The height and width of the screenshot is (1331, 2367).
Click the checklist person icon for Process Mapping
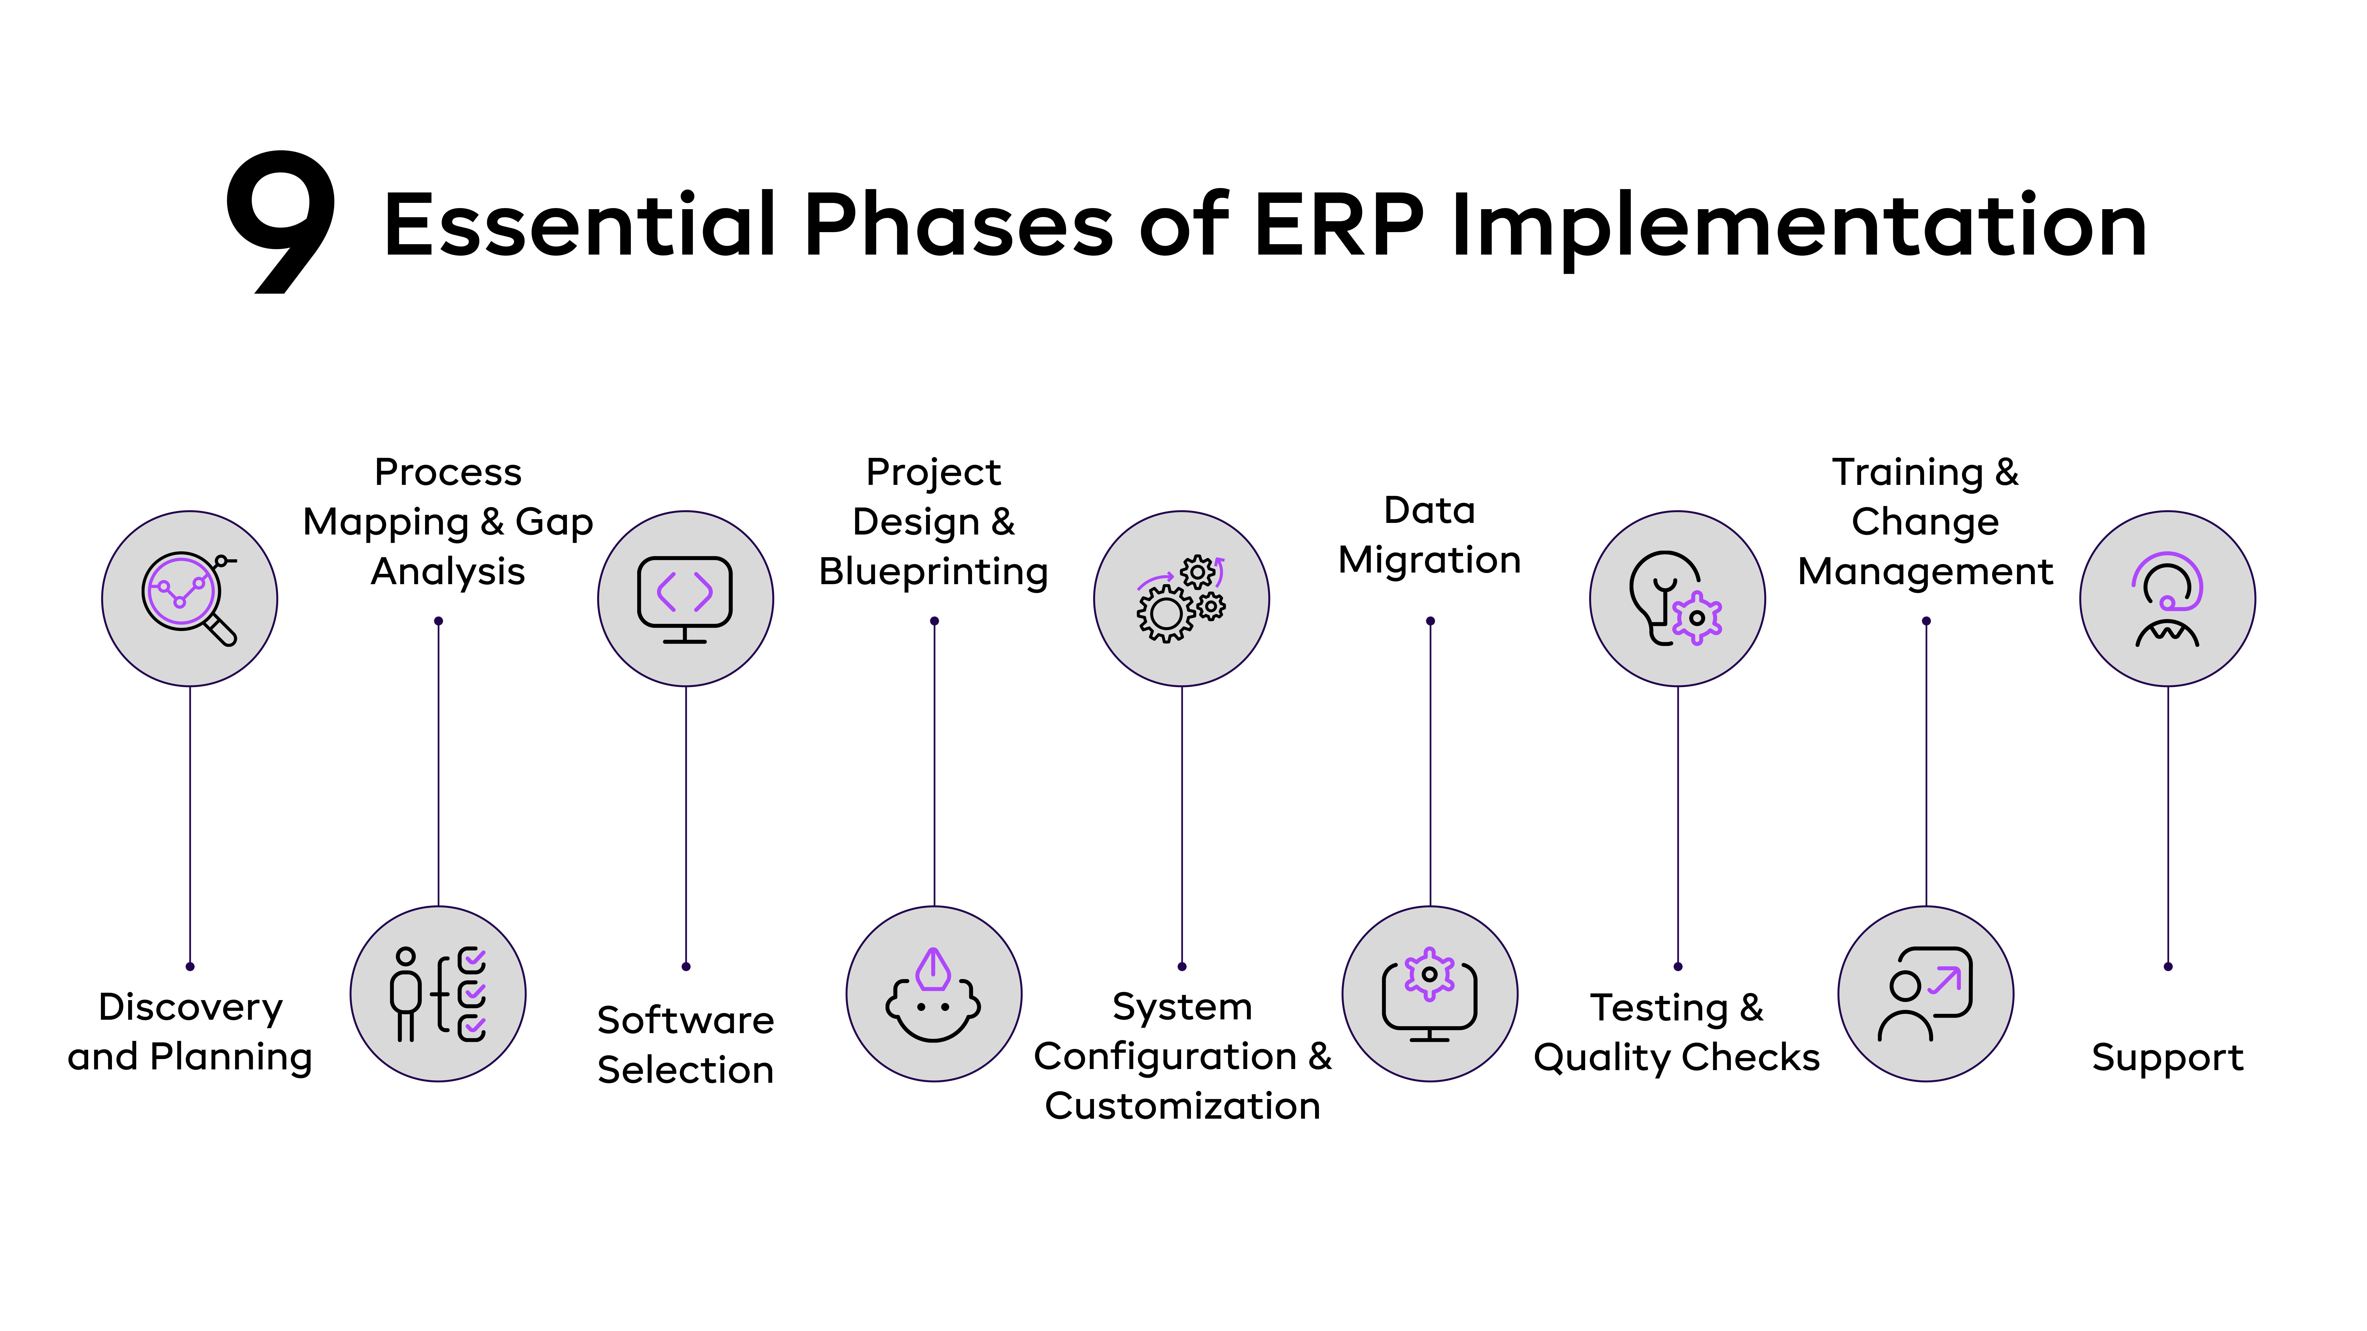[x=438, y=994]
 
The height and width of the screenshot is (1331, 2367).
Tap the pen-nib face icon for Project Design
[x=934, y=994]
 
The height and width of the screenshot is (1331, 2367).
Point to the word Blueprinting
[x=934, y=571]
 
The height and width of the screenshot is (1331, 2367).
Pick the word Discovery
[x=190, y=1007]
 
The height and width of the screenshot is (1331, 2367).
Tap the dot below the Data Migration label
[x=1430, y=621]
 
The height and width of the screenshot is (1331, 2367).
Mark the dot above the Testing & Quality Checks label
[x=1678, y=966]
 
